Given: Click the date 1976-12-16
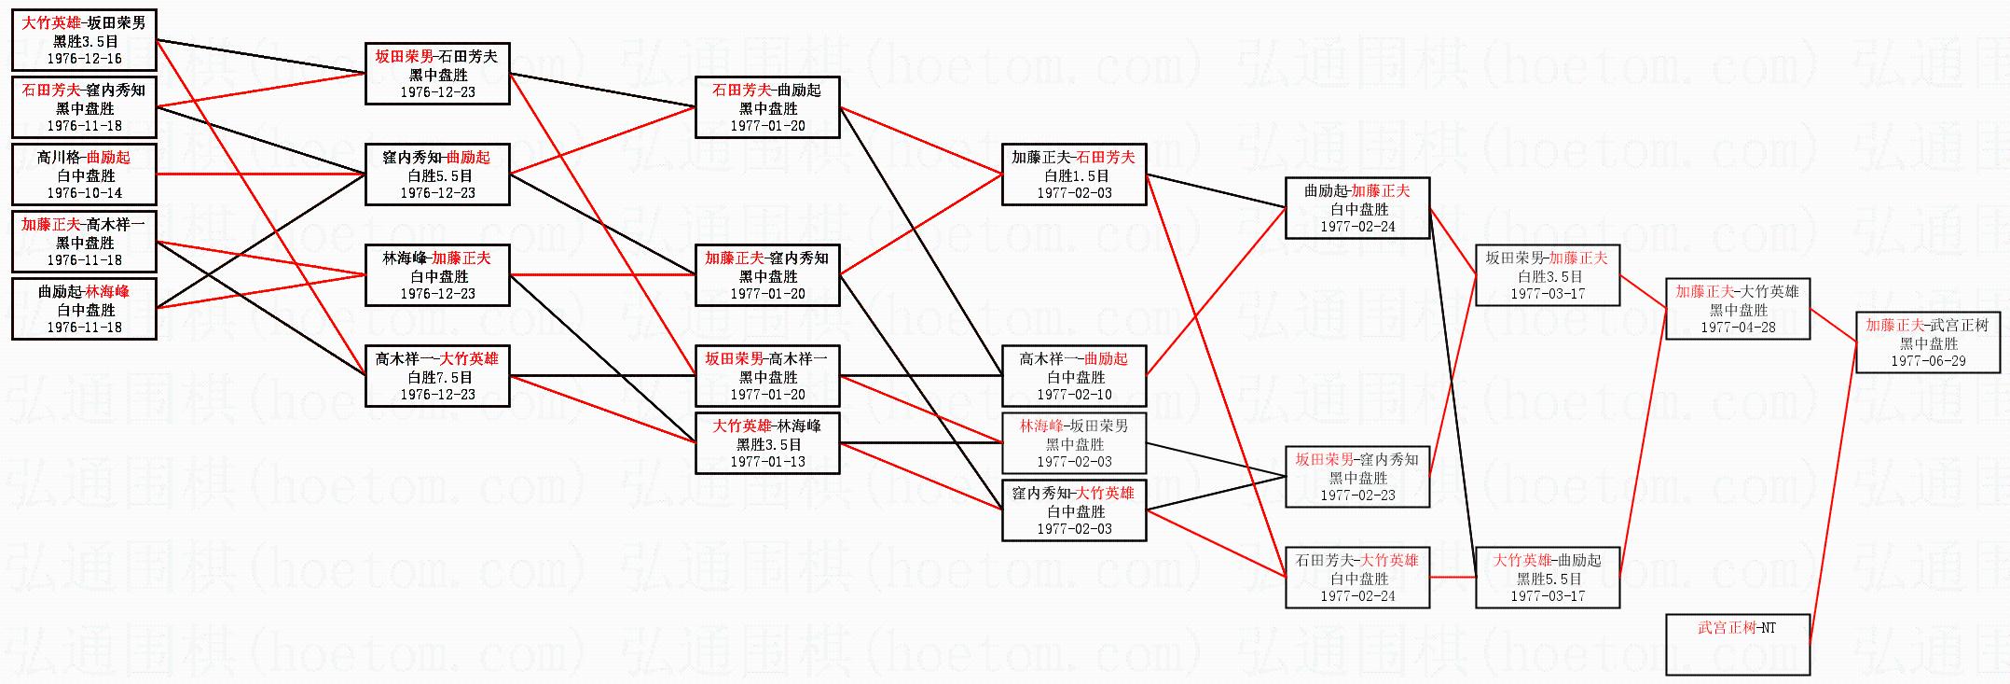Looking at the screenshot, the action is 84,59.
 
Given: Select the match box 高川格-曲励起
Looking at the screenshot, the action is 84,174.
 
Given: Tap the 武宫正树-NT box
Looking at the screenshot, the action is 1738,644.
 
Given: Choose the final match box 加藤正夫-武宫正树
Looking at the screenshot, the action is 1928,342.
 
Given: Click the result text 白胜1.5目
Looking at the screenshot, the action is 1076,175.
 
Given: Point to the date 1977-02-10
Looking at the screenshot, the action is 1074,395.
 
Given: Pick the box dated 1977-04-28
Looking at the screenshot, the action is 1738,309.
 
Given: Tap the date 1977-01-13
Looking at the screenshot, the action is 767,462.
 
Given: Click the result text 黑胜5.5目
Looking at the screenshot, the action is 1549,579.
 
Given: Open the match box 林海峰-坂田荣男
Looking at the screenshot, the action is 1074,443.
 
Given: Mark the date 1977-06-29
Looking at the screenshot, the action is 1928,361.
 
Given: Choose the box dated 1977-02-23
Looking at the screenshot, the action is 1357,477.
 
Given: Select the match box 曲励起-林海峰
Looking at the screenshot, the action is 84,309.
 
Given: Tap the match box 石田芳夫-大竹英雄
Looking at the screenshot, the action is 1357,578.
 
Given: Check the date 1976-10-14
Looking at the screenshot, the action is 84,193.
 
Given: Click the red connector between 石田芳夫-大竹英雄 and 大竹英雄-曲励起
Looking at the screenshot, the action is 1452,578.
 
